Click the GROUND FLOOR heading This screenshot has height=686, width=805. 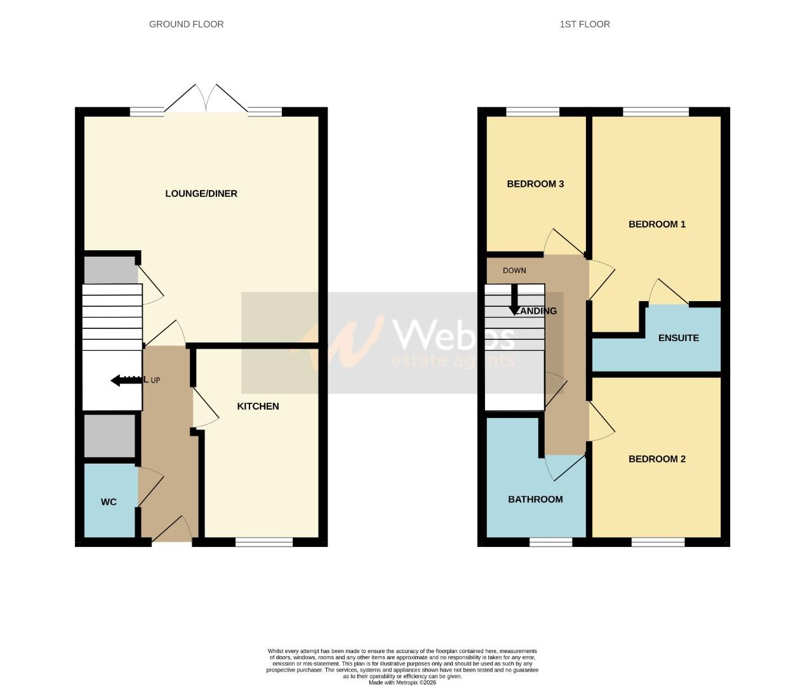click(186, 24)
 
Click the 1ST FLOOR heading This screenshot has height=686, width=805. click(584, 24)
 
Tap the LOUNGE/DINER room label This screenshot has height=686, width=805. click(201, 194)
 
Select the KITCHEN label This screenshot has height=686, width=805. click(258, 407)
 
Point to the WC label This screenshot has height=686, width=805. click(109, 502)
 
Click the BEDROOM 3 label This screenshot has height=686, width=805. click(535, 184)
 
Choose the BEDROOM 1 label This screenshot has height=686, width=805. click(656, 224)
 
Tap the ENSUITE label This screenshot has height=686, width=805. click(678, 338)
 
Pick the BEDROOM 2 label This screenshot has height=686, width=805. click(656, 459)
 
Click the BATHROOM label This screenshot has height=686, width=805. click(535, 499)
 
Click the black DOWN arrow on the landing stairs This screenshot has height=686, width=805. click(515, 301)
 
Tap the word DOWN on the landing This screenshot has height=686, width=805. click(514, 271)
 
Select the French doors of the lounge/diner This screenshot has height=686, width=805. click(206, 100)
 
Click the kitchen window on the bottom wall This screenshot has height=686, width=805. click(264, 542)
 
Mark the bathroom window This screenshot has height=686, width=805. click(550, 542)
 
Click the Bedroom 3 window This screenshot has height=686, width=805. click(533, 112)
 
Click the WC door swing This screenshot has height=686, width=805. click(150, 486)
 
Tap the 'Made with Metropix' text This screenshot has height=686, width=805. click(402, 683)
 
